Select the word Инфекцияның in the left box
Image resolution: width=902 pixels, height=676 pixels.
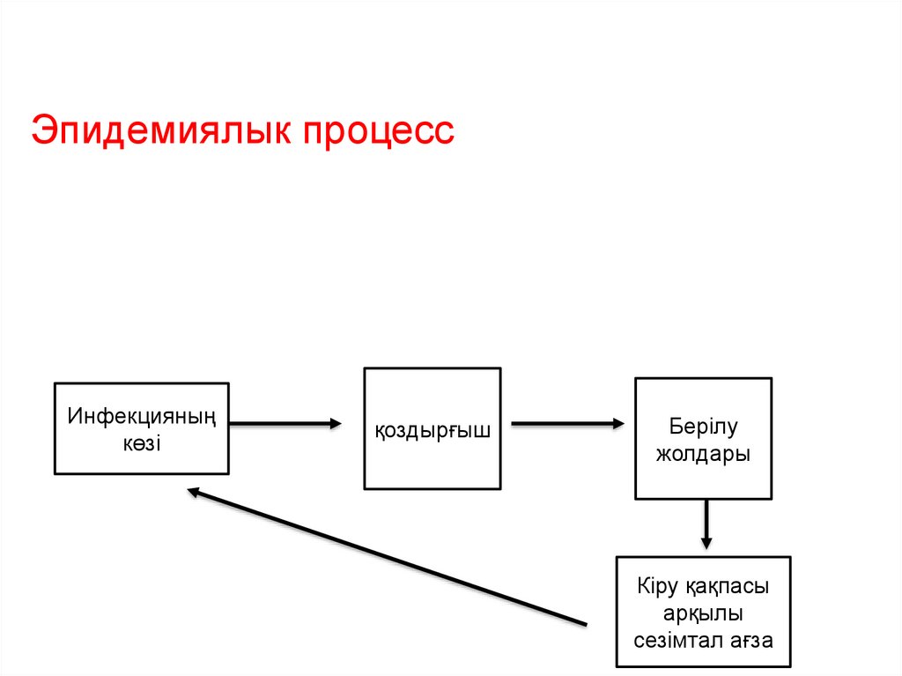142,414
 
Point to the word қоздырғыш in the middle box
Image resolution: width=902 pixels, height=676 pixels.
433,430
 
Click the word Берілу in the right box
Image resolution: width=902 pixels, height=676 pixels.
703,427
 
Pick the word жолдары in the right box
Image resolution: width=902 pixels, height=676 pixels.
704,456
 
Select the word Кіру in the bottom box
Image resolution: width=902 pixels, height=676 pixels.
655,586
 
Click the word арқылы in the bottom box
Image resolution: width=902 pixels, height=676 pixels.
703,613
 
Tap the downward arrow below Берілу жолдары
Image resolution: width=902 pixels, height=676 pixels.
706,524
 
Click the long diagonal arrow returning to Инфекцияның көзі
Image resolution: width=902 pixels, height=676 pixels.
388,558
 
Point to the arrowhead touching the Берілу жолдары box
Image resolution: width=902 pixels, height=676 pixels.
617,424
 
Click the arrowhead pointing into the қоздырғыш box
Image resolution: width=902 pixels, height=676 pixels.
335,424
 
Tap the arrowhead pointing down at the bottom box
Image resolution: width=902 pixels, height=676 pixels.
706,542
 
